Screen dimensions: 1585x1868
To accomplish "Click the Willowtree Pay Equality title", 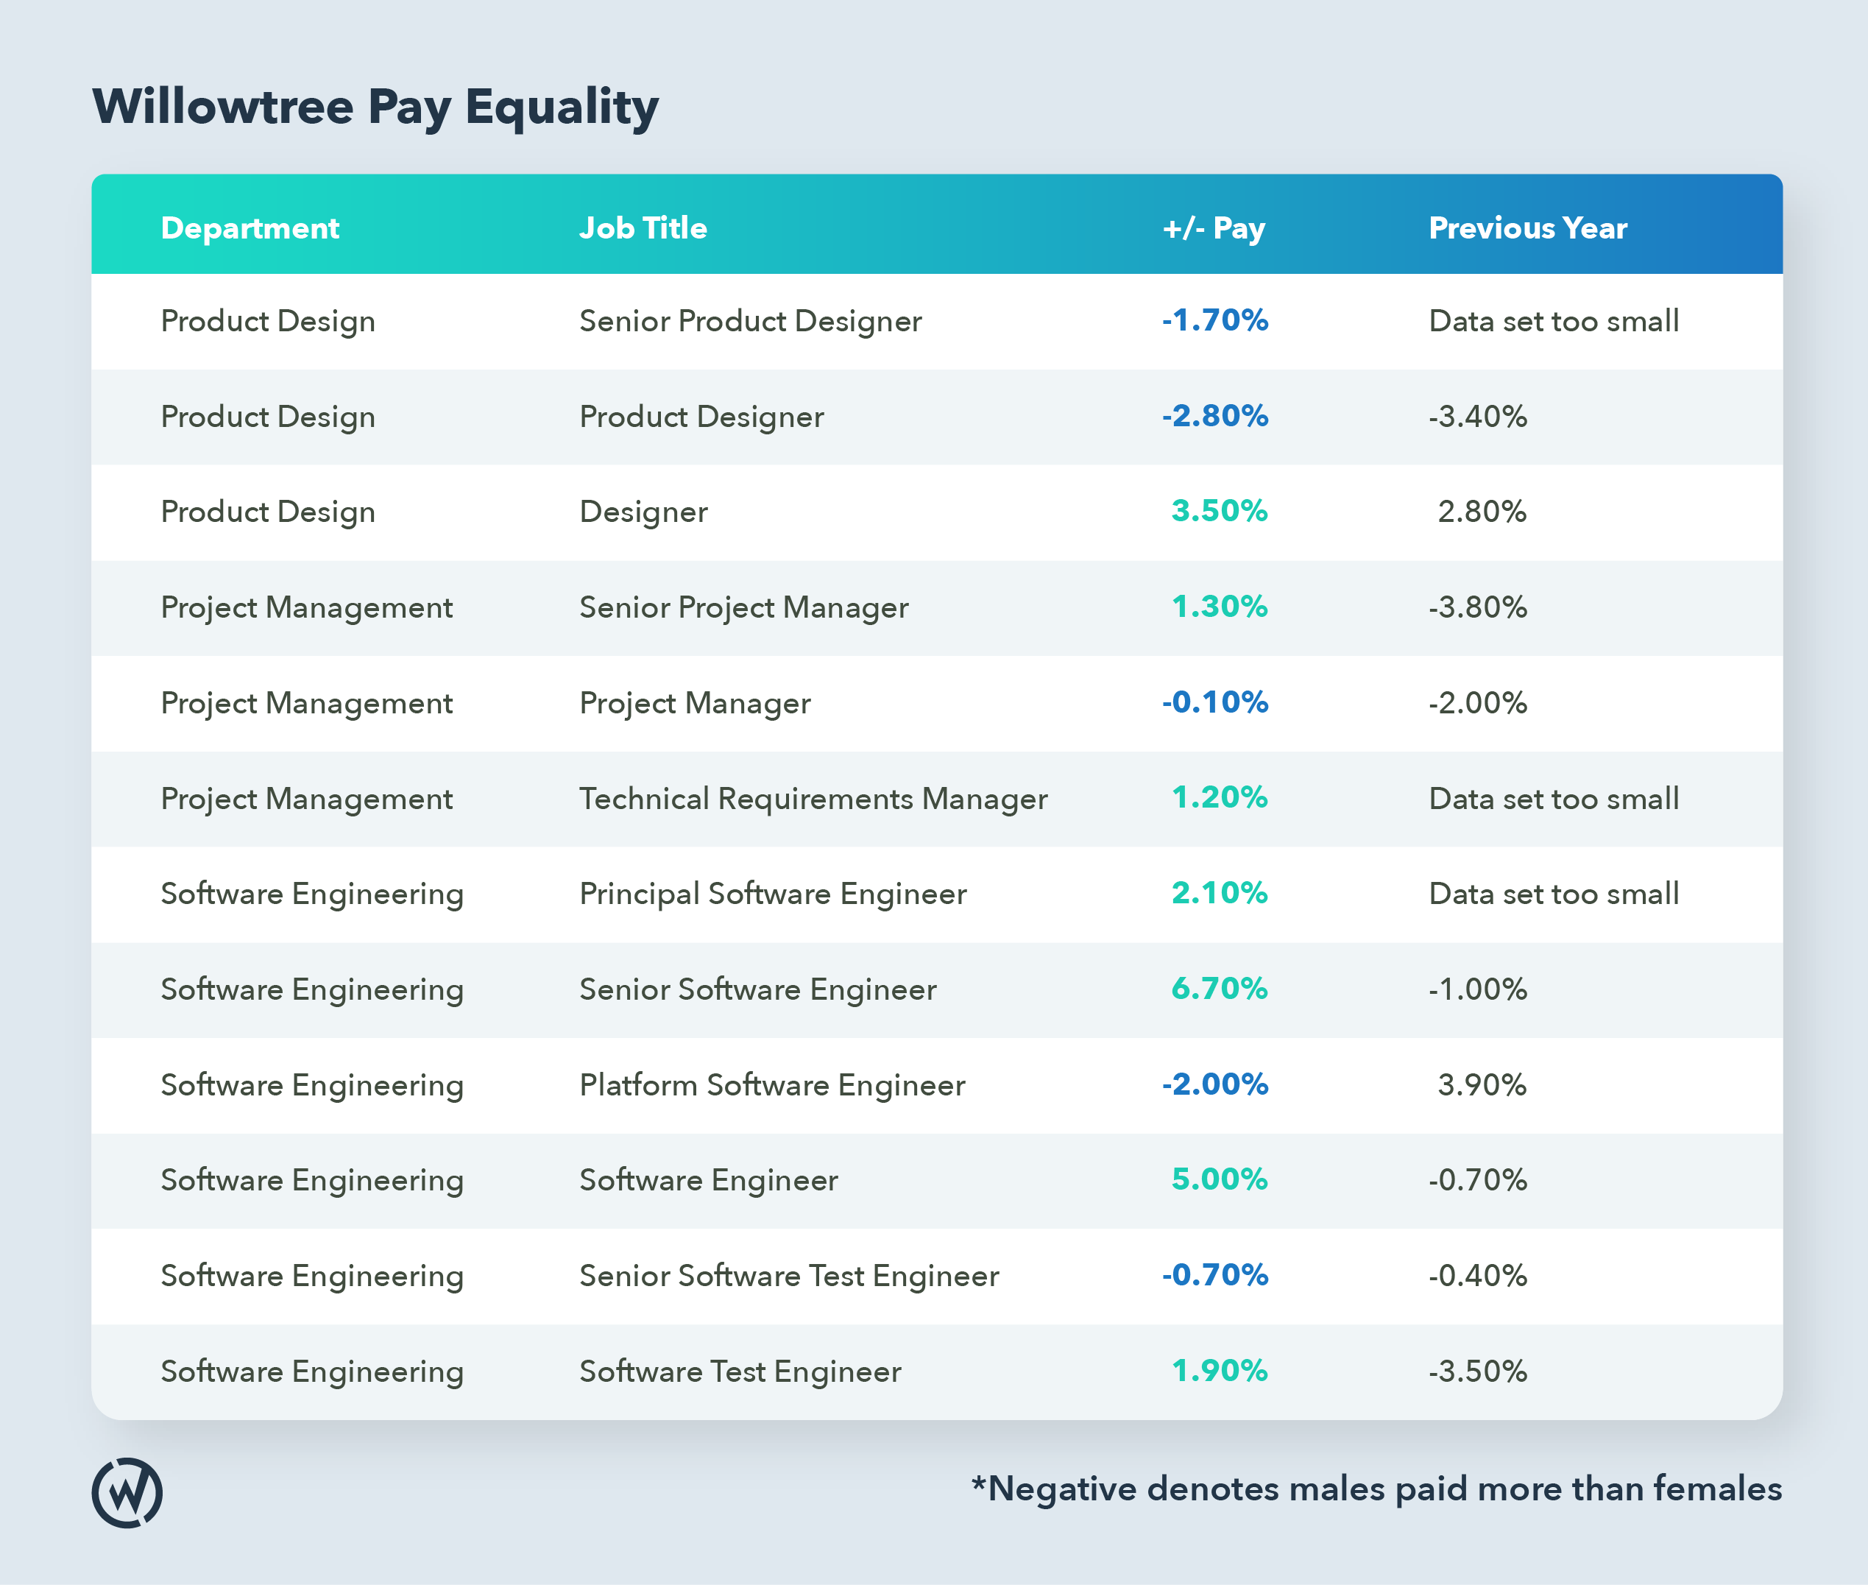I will pyautogui.click(x=375, y=107).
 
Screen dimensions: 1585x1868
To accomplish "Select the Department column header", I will pyautogui.click(x=250, y=228).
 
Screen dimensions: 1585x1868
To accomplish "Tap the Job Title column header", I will pyautogui.click(x=643, y=228).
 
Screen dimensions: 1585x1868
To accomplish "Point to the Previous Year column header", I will pyautogui.click(x=1528, y=228).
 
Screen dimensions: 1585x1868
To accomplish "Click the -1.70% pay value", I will pyautogui.click(x=1214, y=320).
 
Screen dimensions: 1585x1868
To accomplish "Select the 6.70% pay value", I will pyautogui.click(x=1219, y=989).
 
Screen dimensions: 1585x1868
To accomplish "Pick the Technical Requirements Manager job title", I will pyautogui.click(x=813, y=799).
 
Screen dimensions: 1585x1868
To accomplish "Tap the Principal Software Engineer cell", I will pyautogui.click(x=772, y=894).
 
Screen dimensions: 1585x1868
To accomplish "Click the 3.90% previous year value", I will pyautogui.click(x=1482, y=1084).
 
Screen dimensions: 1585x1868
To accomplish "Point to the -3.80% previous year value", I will pyautogui.click(x=1477, y=607).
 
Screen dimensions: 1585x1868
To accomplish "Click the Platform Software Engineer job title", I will pyautogui.click(x=771, y=1084).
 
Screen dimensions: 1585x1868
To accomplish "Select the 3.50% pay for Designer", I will pyautogui.click(x=1219, y=510).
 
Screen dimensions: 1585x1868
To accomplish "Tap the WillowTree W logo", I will pyautogui.click(x=127, y=1492).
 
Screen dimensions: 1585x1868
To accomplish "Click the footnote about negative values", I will pyautogui.click(x=1376, y=1489).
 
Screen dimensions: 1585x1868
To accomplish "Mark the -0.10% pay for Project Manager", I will pyautogui.click(x=1214, y=702).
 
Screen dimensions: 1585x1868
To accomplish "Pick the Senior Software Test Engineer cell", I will pyautogui.click(x=788, y=1276).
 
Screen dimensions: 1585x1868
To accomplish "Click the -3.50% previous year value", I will pyautogui.click(x=1477, y=1372).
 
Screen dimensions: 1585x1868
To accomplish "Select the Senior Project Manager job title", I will pyautogui.click(x=743, y=607).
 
